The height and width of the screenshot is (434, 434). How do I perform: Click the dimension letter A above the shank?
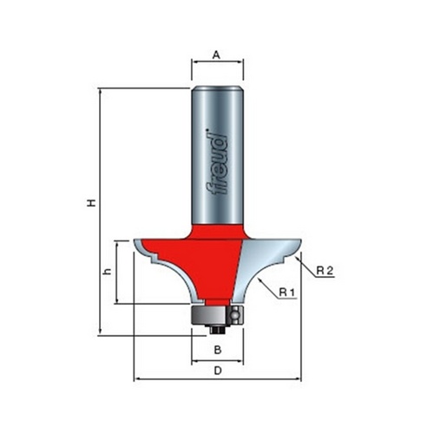pyautogui.click(x=216, y=55)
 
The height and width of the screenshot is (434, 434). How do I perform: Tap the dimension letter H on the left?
pyautogui.click(x=91, y=203)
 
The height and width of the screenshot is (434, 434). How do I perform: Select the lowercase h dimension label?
pyautogui.click(x=108, y=272)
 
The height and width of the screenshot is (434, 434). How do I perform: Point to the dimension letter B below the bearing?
pyautogui.click(x=218, y=350)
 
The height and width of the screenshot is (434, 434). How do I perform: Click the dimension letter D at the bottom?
pyautogui.click(x=218, y=371)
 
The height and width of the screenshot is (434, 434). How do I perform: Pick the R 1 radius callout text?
pyautogui.click(x=286, y=293)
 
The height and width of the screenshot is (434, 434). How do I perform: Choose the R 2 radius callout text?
pyautogui.click(x=325, y=271)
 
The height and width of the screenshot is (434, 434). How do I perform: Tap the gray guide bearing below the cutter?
pyautogui.click(x=217, y=315)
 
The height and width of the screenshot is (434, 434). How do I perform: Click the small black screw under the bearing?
pyautogui.click(x=217, y=330)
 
